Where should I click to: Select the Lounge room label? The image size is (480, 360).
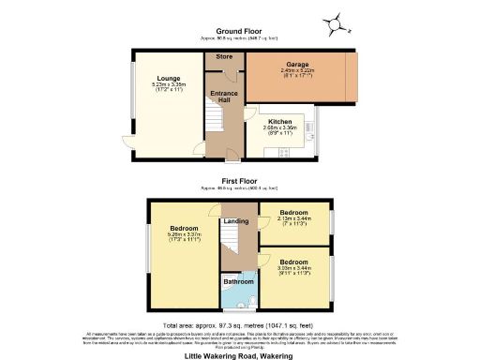click(x=168, y=79)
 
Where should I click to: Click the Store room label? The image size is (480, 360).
click(x=224, y=58)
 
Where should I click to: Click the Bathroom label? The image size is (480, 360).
click(x=238, y=280)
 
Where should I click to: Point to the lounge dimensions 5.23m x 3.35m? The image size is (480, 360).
click(x=168, y=87)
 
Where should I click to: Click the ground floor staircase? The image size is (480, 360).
click(x=213, y=122)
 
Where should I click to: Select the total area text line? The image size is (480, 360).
click(x=239, y=323)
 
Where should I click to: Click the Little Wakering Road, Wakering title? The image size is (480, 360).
click(x=239, y=354)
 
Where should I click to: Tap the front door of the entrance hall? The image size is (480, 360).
click(x=228, y=161)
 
